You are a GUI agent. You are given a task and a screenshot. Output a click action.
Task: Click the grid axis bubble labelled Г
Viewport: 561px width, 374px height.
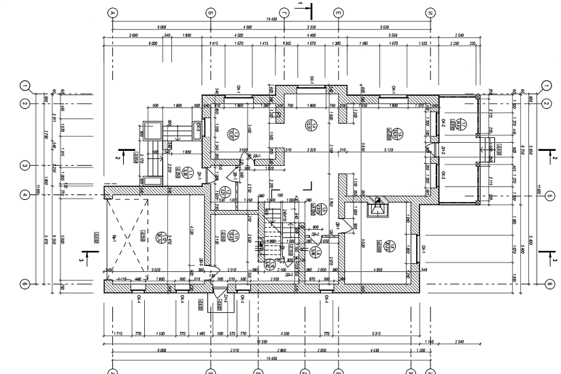(301, 12)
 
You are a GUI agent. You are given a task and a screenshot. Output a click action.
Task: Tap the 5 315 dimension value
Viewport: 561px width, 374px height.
(376, 333)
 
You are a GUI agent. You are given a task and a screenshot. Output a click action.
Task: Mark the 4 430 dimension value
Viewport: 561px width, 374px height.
(375, 350)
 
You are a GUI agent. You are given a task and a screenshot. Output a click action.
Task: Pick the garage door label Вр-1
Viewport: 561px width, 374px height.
(115, 237)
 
